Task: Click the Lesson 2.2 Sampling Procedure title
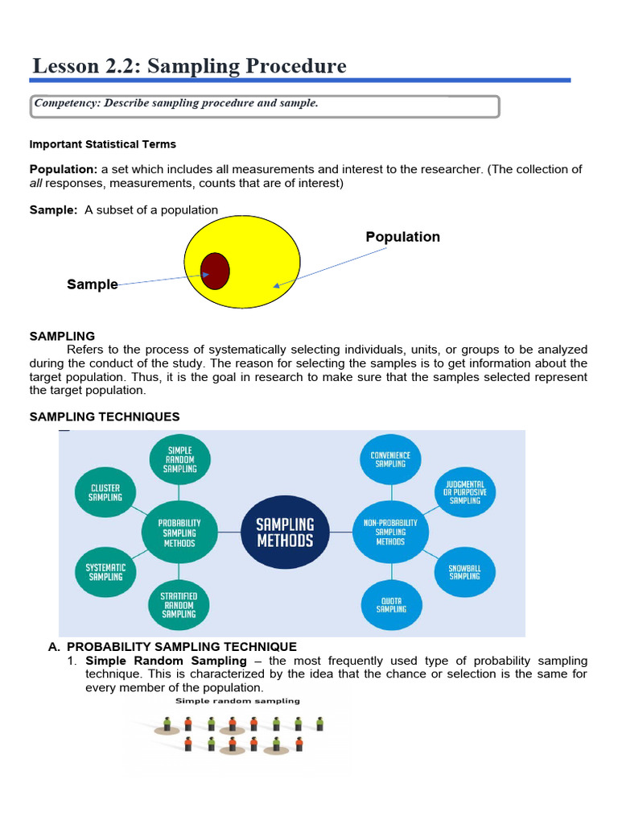click(x=190, y=65)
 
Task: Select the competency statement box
click(x=265, y=106)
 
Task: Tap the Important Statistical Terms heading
click(x=102, y=144)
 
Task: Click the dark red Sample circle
click(x=216, y=270)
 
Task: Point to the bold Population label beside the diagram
click(x=402, y=237)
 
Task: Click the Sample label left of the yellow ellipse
click(x=92, y=284)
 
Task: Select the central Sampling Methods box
click(x=285, y=533)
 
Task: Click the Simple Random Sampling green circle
click(x=179, y=459)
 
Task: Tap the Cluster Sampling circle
click(x=105, y=493)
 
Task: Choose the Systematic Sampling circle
click(x=105, y=572)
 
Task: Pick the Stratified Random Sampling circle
click(x=179, y=604)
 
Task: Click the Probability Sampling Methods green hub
click(x=179, y=533)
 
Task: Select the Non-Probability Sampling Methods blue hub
click(x=390, y=533)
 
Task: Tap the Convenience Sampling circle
click(x=390, y=459)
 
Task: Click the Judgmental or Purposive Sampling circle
click(x=464, y=491)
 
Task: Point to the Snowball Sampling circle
click(x=464, y=572)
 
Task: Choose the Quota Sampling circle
click(x=390, y=604)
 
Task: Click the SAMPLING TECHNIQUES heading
click(x=105, y=417)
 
